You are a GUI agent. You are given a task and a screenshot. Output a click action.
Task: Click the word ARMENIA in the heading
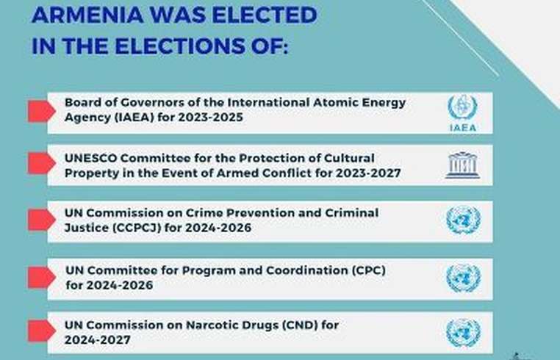87,15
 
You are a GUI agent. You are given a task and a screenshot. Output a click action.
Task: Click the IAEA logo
462,113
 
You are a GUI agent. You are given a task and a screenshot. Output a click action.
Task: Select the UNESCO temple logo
462,165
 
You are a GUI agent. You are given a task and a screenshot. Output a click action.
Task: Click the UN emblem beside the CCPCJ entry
463,220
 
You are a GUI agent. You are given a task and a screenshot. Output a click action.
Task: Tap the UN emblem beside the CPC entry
463,278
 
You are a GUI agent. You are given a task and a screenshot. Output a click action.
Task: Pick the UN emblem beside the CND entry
463,333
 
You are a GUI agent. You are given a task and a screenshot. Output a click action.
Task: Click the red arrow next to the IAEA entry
41,111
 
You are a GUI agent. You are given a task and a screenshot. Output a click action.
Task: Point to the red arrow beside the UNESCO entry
41,163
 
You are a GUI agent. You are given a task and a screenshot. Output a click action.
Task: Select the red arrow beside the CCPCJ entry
41,220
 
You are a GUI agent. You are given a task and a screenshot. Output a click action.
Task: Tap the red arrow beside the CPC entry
41,277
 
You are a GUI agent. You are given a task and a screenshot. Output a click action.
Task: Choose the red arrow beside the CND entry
41,331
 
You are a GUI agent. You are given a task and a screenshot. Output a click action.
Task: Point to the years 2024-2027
98,339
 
